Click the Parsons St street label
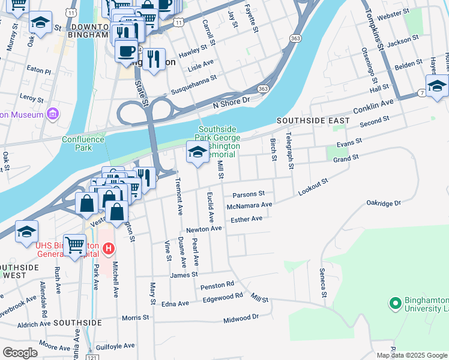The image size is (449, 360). (x=249, y=194)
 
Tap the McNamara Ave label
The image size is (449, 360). (x=250, y=205)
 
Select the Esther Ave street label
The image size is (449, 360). (x=247, y=219)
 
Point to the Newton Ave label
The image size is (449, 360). (x=204, y=229)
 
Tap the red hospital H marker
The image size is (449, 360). (x=109, y=247)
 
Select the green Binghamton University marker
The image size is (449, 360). (x=395, y=304)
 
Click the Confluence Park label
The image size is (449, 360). (x=83, y=143)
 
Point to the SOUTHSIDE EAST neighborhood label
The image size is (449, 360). (x=313, y=121)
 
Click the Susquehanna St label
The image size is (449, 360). (x=193, y=85)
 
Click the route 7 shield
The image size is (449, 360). (x=423, y=93)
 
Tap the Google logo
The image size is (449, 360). (x=20, y=353)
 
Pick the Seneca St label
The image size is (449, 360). (x=322, y=283)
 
